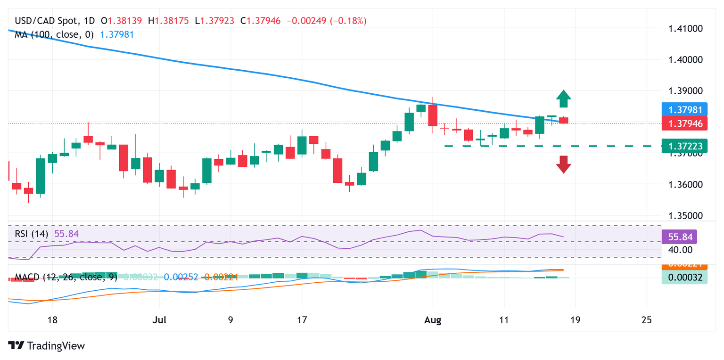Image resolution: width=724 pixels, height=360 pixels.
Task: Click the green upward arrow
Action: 563,99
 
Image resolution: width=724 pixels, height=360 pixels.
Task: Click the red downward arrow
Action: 563,164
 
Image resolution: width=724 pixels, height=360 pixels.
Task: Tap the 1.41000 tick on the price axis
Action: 686,29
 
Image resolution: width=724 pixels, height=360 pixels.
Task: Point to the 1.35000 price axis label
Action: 686,216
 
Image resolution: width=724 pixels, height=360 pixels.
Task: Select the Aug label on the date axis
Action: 433,320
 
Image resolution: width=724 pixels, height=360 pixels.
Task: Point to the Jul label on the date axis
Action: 160,320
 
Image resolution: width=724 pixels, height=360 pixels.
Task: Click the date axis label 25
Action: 647,320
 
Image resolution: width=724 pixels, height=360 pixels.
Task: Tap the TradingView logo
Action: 47,345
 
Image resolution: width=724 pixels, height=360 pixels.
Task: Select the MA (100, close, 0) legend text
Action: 54,34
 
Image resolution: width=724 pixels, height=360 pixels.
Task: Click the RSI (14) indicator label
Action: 33,233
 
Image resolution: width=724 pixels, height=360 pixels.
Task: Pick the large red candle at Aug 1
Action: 432,115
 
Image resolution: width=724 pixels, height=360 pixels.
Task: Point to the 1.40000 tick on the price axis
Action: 686,60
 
